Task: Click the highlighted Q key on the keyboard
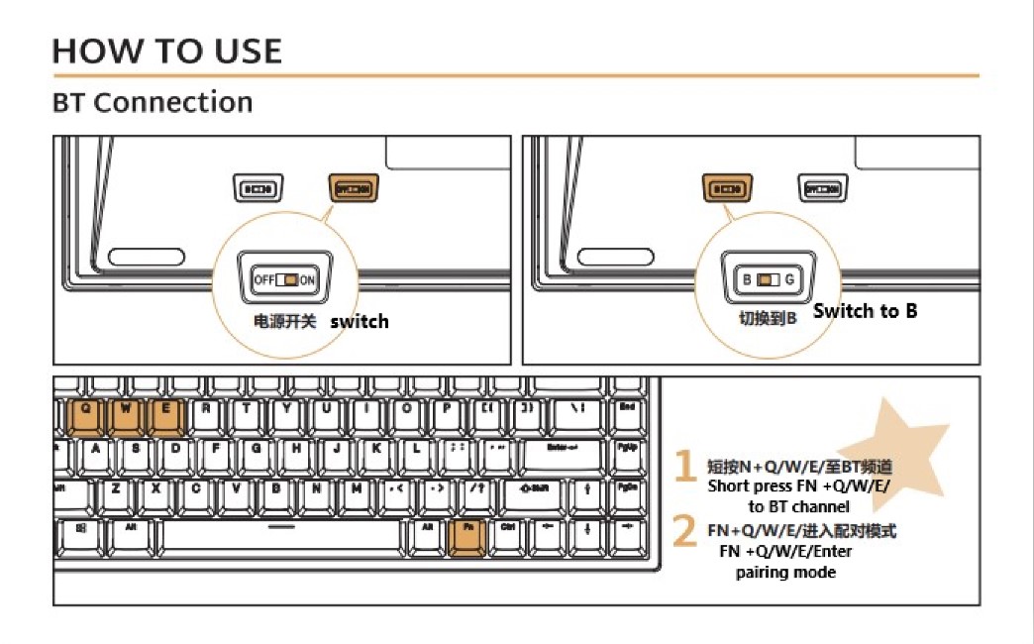[86, 415]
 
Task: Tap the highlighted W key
[126, 415]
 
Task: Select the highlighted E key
[166, 415]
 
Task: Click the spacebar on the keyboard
[281, 536]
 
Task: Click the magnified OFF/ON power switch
[284, 280]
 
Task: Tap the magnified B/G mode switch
[769, 280]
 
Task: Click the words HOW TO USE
[167, 51]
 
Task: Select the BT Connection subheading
[153, 102]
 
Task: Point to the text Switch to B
[866, 311]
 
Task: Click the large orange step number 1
[684, 466]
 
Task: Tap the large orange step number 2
[684, 531]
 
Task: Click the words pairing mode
[785, 573]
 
